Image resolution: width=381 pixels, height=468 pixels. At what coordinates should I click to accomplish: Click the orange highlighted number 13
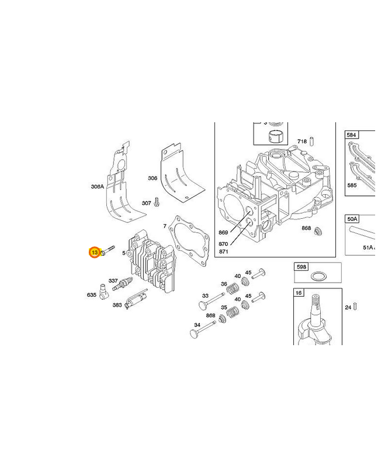point(95,253)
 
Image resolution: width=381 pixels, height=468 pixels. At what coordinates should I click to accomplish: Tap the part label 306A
point(98,187)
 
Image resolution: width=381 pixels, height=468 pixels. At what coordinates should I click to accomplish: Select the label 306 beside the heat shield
point(153,178)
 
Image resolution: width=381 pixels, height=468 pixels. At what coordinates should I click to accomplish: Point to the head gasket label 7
point(165,226)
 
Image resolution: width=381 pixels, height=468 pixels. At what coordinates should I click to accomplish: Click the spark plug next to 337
point(122,284)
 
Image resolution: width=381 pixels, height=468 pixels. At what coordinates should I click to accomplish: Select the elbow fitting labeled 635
point(104,291)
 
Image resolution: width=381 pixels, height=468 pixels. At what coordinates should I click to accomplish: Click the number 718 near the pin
point(302,141)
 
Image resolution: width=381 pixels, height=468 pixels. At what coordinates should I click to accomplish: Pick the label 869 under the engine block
point(223,232)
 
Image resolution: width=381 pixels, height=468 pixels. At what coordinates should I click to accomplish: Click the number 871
point(223,252)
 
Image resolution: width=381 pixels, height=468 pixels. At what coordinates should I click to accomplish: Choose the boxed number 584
point(351,135)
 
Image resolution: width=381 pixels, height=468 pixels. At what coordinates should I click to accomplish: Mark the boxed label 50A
point(352,219)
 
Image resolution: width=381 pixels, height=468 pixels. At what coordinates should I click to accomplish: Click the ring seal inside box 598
point(317,276)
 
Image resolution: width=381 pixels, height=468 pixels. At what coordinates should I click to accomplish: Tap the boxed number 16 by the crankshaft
point(299,293)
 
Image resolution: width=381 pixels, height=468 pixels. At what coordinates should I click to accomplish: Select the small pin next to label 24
point(355,307)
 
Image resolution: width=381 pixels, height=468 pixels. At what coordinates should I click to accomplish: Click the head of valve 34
point(195,333)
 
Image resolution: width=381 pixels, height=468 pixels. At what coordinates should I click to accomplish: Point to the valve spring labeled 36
point(233,288)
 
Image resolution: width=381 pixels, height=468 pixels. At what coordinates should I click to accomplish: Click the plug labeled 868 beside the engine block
point(318,231)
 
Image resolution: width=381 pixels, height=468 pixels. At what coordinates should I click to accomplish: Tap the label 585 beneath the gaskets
point(352,185)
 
